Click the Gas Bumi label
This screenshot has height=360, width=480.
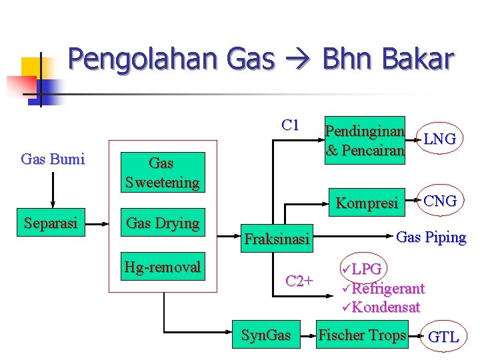tap(53, 159)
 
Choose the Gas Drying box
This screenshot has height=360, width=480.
tap(161, 223)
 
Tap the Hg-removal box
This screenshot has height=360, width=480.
tap(161, 267)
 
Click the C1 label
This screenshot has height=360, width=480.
tap(291, 125)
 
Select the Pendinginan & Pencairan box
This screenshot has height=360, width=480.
tap(365, 140)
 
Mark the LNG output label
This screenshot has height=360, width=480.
tap(440, 139)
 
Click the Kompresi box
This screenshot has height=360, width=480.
tap(367, 203)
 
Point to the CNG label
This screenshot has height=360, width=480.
tap(440, 201)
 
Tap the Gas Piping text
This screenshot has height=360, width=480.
tap(431, 237)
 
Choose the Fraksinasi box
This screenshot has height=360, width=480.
tap(277, 238)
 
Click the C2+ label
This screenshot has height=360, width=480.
tap(299, 281)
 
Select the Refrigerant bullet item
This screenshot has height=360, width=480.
tap(387, 289)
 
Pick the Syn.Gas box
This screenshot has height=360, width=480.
tap(266, 335)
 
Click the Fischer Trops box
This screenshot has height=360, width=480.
tap(362, 335)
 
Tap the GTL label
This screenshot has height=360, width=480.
tap(443, 337)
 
